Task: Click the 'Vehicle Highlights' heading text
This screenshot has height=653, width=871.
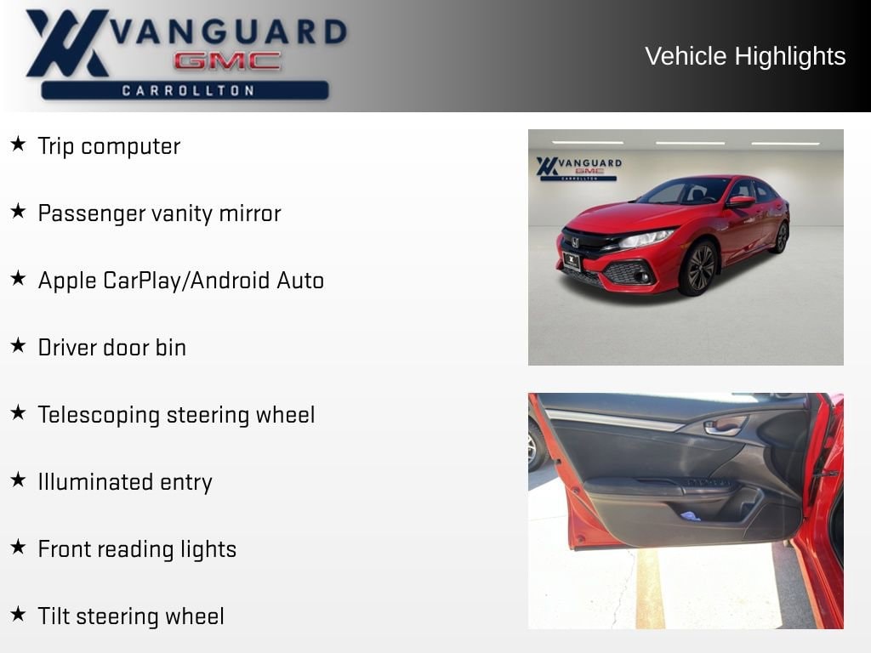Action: click(745, 56)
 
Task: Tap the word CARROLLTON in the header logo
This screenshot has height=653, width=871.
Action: click(188, 90)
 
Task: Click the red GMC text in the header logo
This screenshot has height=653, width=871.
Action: click(227, 61)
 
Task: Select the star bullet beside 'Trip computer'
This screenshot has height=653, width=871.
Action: click(18, 144)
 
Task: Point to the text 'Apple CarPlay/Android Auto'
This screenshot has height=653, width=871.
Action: click(181, 281)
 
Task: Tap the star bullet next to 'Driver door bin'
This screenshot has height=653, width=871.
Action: click(18, 345)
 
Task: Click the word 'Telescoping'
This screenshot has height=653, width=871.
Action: click(99, 415)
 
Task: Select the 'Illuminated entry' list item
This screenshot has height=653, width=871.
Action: click(125, 482)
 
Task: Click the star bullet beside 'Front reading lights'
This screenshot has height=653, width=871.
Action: click(18, 547)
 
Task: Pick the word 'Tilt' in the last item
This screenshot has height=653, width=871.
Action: click(54, 616)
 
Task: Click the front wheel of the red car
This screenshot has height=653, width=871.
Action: click(699, 268)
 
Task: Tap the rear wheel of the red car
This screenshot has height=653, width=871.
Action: click(783, 237)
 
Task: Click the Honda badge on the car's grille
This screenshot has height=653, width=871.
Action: click(575, 242)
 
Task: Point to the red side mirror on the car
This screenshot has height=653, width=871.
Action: click(741, 202)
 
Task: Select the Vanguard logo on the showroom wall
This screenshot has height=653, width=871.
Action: click(578, 168)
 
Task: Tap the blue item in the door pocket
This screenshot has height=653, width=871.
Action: click(691, 516)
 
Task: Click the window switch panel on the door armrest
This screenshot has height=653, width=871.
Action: click(709, 483)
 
